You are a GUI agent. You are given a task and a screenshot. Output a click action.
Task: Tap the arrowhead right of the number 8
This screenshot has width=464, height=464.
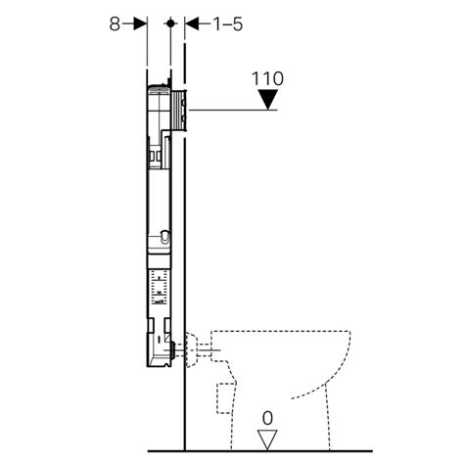[141, 22]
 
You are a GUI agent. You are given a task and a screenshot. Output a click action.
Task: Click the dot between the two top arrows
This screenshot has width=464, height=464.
[170, 22]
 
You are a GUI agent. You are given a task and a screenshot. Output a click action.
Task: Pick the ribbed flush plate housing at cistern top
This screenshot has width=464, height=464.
[178, 108]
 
